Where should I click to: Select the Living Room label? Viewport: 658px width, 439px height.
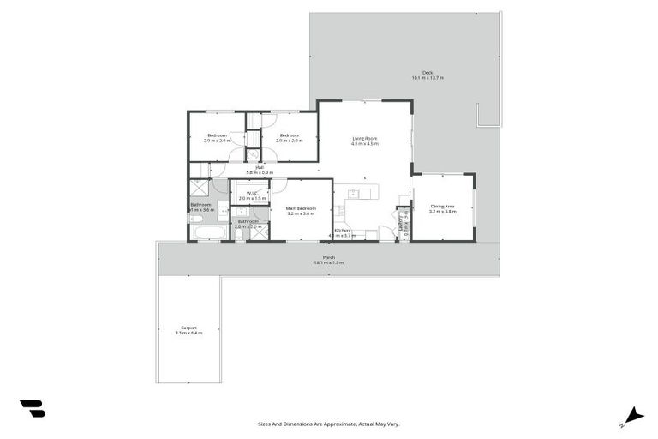point(364,138)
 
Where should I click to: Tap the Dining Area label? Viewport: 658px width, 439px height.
point(442,206)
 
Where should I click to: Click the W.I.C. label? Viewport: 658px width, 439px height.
point(252,193)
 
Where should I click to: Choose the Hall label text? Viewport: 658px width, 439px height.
point(260,167)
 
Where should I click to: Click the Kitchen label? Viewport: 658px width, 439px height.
point(342,230)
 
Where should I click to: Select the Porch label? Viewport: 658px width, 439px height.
point(328,257)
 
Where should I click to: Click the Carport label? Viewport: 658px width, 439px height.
point(189,327)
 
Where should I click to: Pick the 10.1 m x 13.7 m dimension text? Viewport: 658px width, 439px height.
point(428,78)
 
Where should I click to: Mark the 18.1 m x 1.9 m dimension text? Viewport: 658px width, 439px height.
point(328,262)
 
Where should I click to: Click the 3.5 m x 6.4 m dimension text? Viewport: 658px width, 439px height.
point(189,332)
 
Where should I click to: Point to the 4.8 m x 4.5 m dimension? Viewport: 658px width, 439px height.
point(364,144)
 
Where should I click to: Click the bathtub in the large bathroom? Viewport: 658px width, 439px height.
point(207,232)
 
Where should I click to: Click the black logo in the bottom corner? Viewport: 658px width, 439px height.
point(32,409)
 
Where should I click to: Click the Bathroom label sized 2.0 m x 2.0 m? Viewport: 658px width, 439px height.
point(248,221)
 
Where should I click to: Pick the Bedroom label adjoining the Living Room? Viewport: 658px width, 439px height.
point(289,135)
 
